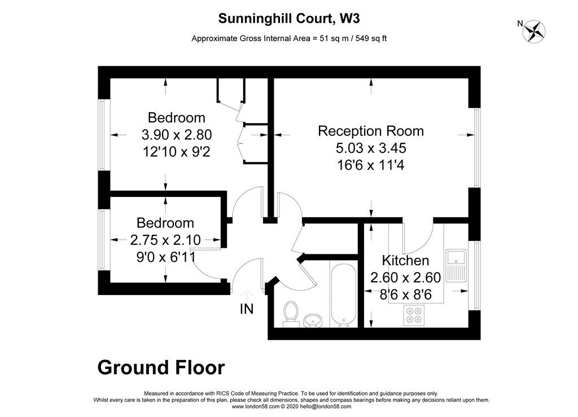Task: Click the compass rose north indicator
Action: click(533, 31)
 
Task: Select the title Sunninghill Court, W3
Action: click(289, 19)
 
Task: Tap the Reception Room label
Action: click(371, 131)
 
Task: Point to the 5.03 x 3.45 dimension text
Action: click(371, 148)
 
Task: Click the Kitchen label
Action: click(405, 261)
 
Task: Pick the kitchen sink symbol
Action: click(454, 266)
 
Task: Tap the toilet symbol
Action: click(291, 313)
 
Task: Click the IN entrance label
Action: click(247, 309)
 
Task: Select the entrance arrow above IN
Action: click(247, 295)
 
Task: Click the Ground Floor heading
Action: click(161, 368)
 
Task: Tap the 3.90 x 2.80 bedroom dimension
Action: click(176, 135)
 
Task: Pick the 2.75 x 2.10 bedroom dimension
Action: click(165, 240)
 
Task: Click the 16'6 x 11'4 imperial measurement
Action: click(371, 165)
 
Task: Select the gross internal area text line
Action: click(289, 39)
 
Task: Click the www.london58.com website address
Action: click(255, 406)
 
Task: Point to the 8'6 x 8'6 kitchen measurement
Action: click(405, 294)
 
